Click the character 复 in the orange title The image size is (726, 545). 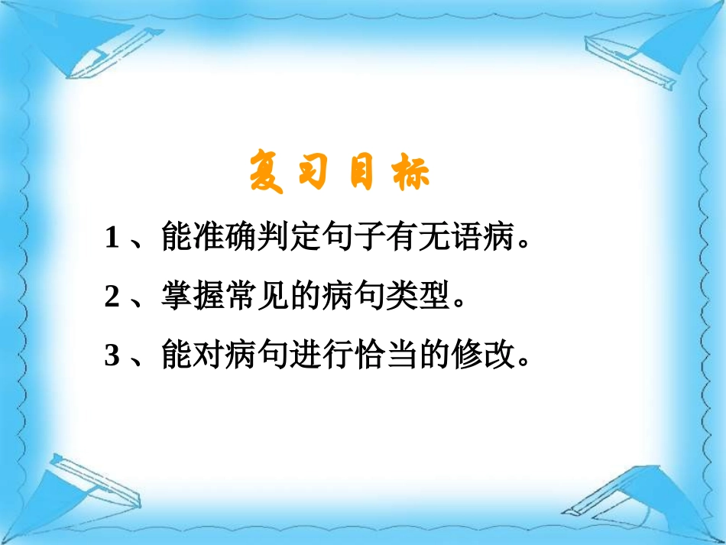point(267,174)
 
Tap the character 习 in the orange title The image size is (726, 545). point(314,174)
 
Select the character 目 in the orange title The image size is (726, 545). point(361,174)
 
